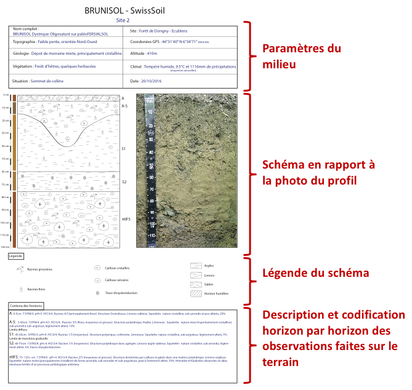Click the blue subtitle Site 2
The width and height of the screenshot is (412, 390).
coord(124,20)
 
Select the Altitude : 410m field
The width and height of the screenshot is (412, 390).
coord(144,54)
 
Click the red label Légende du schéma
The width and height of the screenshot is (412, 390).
coord(316,273)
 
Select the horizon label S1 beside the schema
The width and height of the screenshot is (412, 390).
coord(123,149)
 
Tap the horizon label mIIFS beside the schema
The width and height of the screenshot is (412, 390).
coord(126,219)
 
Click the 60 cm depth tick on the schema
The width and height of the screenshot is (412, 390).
coord(6,172)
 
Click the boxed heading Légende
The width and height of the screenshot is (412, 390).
coord(17,255)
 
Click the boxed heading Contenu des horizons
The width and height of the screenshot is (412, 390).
coord(26,306)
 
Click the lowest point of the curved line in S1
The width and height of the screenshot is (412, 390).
coord(67,146)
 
